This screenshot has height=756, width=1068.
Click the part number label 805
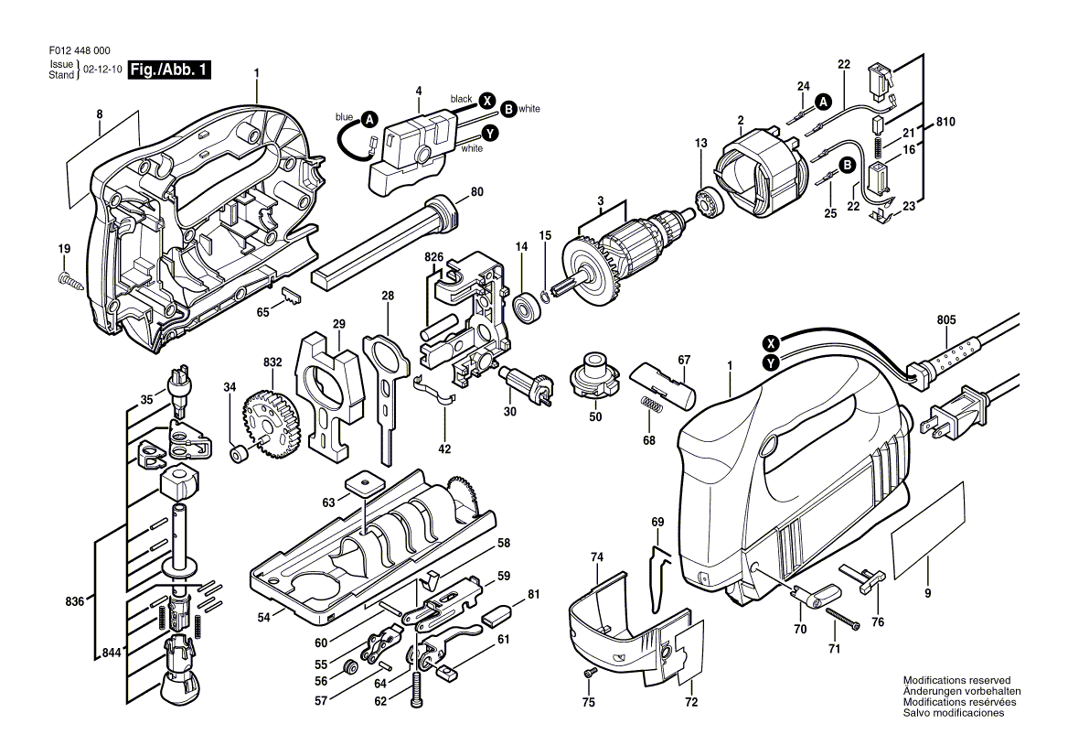946,319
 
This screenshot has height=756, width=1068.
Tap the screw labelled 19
70,280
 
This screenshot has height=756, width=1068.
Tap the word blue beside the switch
345,117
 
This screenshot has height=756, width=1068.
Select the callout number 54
263,617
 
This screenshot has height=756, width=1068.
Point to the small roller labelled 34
239,453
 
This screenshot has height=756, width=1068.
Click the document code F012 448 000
80,50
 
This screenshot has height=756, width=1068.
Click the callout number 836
75,601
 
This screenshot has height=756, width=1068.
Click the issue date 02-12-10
102,70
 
